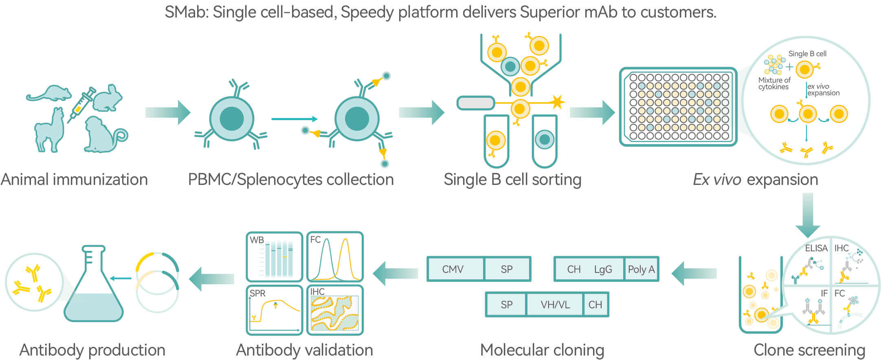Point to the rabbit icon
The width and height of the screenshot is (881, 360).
[108, 98]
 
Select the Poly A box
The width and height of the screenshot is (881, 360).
[641, 269]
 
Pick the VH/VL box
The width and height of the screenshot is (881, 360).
[555, 305]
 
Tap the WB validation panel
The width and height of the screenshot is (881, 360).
[275, 257]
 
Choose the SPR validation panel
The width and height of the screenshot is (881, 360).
[275, 310]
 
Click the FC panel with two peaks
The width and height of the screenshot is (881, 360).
[335, 257]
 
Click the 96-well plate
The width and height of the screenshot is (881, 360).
[678, 107]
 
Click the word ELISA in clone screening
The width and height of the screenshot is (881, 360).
[816, 248]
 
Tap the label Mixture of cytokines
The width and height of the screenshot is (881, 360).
[774, 83]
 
